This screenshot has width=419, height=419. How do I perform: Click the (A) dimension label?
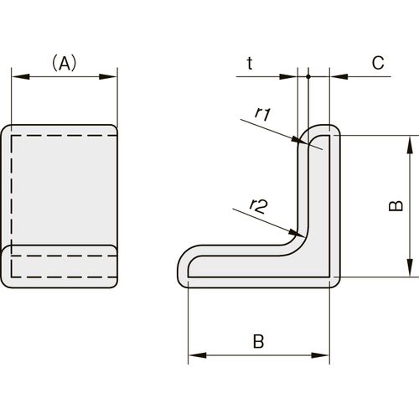[x=65, y=63]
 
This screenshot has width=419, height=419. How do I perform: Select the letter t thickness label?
[x=250, y=63]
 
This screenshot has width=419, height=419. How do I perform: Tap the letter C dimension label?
[x=378, y=63]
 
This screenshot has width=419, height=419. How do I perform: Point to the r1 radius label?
[x=263, y=114]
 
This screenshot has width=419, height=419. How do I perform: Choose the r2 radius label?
[x=259, y=205]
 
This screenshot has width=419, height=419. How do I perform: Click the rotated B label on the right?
[x=396, y=206]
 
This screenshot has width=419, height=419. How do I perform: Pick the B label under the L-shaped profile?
[x=258, y=341]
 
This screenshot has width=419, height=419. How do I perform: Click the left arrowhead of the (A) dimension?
[x=20, y=76]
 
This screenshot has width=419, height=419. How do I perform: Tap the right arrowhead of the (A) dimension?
[x=108, y=76]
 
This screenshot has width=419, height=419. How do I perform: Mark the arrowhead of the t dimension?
[x=288, y=76]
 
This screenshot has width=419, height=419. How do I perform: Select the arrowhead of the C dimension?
[x=339, y=76]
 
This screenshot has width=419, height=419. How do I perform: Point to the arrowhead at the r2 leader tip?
[x=297, y=233]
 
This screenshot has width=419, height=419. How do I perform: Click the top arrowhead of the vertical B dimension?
[x=410, y=144]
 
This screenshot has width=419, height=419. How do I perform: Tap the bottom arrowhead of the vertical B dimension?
[x=410, y=268]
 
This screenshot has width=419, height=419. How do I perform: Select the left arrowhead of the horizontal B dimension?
[x=197, y=355]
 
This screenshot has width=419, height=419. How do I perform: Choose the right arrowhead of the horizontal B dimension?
[x=321, y=355]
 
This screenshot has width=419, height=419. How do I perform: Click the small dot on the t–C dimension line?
[x=308, y=76]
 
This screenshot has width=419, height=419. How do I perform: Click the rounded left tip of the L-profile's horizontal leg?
[x=178, y=266]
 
